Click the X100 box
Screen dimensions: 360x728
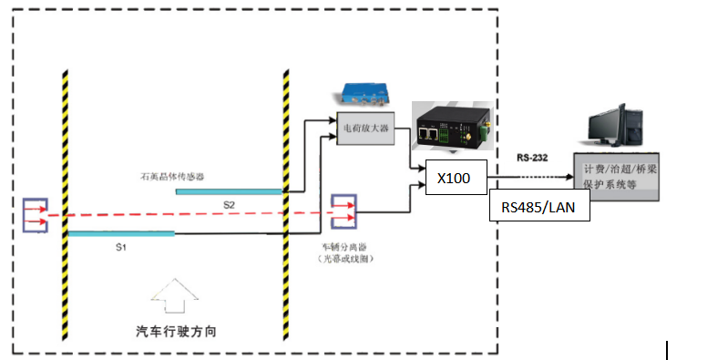click(454, 178)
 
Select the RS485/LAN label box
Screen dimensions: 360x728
click(538, 207)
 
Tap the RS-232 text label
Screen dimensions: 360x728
click(532, 158)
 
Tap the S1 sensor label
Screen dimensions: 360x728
click(120, 247)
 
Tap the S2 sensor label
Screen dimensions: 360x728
click(230, 206)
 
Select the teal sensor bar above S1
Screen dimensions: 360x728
click(121, 233)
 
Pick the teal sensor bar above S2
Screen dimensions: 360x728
click(230, 191)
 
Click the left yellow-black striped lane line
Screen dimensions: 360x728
click(66, 201)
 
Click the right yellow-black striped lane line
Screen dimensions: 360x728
click(286, 201)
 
